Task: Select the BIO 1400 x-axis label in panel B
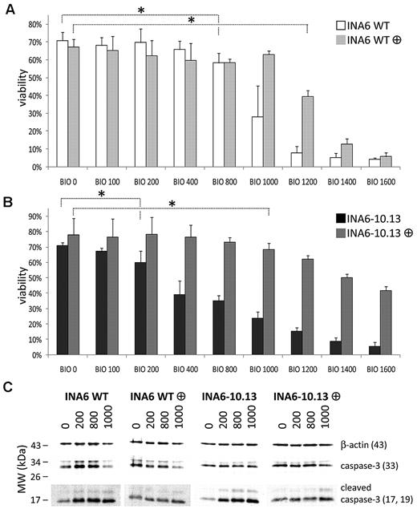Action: [336, 361]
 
